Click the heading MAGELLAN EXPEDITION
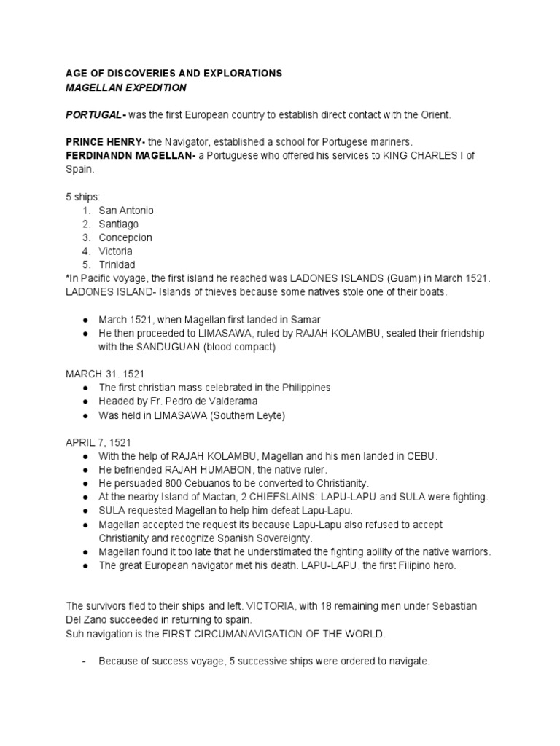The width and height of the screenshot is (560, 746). point(126,87)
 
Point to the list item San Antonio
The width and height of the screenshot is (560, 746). point(126,210)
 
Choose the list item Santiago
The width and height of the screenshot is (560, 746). point(118,224)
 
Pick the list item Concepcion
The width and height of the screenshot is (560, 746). point(125,237)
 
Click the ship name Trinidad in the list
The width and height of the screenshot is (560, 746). point(117,264)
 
